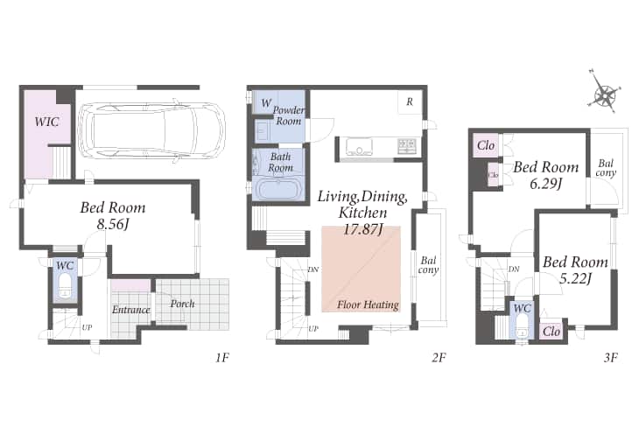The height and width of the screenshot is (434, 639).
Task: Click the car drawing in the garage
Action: (151, 130)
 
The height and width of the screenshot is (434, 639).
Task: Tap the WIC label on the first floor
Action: (46, 122)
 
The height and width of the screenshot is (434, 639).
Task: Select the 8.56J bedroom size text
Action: (113, 225)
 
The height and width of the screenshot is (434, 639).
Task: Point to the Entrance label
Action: (130, 310)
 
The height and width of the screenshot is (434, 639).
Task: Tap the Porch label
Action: (182, 304)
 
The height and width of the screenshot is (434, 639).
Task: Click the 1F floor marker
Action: (222, 358)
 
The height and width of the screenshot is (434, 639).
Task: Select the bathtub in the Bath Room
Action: (279, 189)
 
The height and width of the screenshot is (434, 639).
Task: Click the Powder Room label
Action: (289, 115)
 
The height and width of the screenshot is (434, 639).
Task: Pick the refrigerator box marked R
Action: (410, 101)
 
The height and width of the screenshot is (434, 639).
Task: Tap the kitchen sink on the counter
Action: (359, 147)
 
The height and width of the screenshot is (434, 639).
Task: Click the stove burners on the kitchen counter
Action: (407, 146)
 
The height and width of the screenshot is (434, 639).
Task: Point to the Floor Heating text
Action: (368, 304)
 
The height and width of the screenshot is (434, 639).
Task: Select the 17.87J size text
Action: (362, 230)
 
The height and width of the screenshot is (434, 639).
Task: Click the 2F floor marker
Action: (439, 358)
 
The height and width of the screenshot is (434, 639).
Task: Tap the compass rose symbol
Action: (605, 94)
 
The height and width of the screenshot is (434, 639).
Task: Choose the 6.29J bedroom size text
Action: (546, 185)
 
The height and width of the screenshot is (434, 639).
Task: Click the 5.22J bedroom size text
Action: (575, 279)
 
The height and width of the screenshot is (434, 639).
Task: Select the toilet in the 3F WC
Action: (522, 327)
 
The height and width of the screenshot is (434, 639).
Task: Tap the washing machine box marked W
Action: (266, 102)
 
